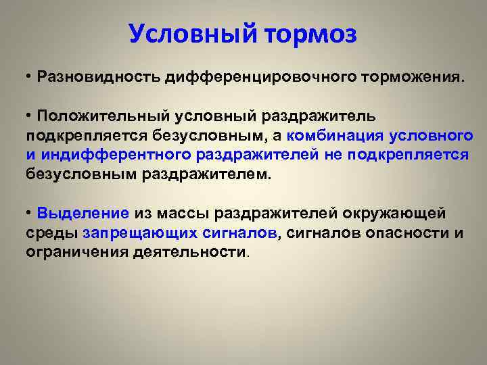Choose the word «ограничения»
coord(70,252)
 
